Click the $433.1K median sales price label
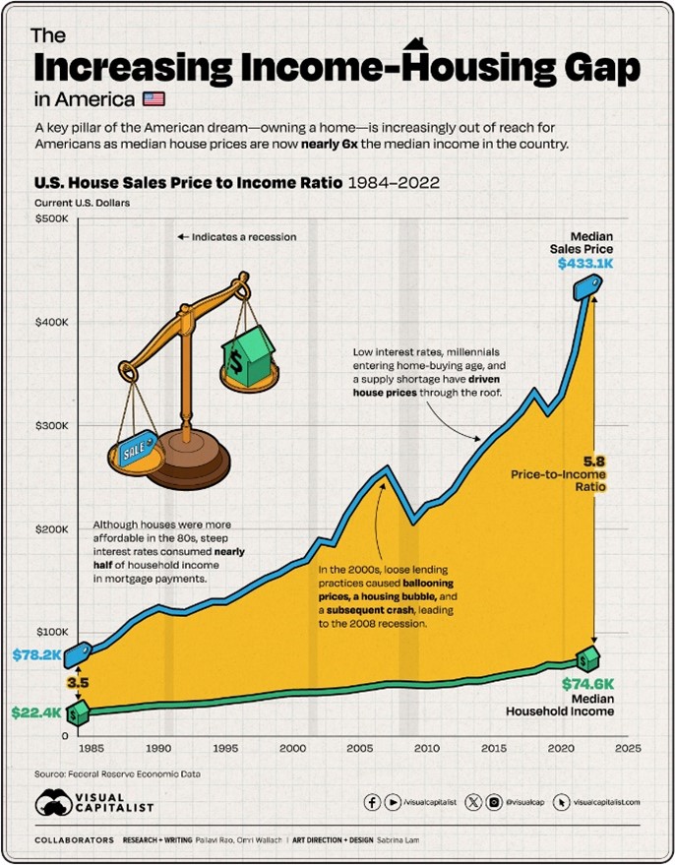coord(585,264)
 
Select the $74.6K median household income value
coord(587,683)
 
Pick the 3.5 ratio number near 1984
coord(77,680)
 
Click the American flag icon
coord(154,99)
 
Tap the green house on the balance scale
coord(250,350)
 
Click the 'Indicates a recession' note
coord(236,237)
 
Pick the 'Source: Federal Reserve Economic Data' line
coord(117,773)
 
